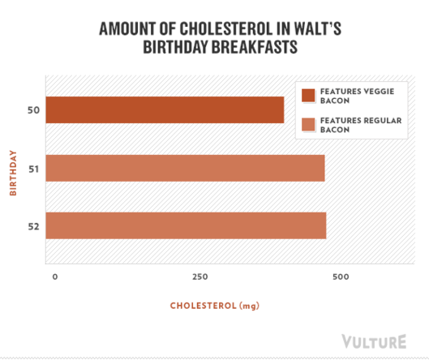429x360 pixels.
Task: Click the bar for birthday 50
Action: pos(165,110)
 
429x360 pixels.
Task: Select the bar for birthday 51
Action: pos(185,168)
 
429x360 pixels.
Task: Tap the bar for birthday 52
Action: pos(186,225)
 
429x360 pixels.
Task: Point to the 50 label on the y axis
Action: pos(33,110)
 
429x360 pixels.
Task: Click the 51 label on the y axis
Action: pos(34,169)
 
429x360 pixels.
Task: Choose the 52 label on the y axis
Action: pos(34,227)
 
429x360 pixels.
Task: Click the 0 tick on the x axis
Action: pos(55,276)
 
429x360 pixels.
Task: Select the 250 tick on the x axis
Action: pos(200,276)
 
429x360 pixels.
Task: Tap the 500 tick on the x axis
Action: pos(341,276)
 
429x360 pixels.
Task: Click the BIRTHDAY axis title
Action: pos(13,173)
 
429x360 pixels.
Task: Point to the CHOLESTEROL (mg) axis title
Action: pos(215,306)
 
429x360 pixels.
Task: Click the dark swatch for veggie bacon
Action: pos(308,96)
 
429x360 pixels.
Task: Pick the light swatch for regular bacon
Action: pos(308,125)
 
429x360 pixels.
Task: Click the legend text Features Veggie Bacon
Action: pos(358,96)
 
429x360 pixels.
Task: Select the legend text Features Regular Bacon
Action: pos(361,125)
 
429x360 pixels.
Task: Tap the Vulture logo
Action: pos(374,341)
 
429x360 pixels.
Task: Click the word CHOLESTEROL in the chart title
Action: pos(226,28)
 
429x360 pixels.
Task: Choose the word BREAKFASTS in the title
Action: pos(255,47)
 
